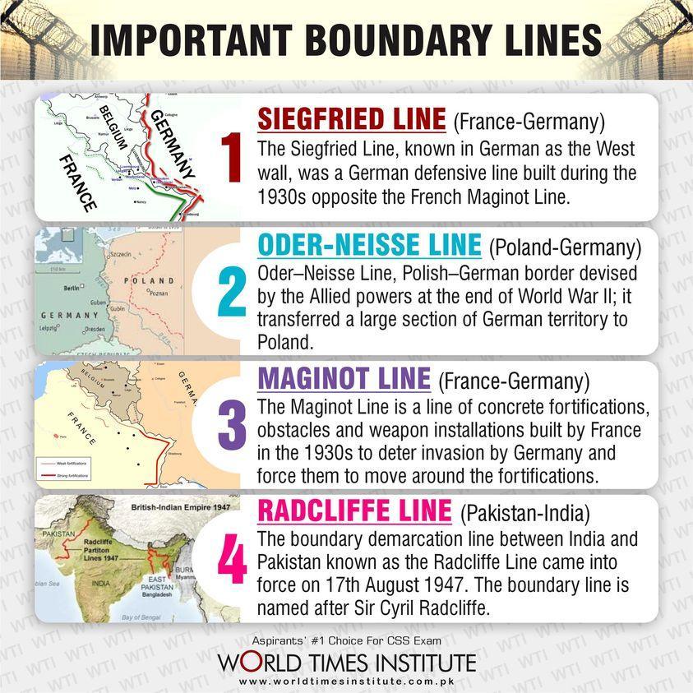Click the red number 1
pos(230,157)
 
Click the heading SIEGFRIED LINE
pos(351,120)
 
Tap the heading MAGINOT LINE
pos(344,379)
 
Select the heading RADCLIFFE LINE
pos(354,511)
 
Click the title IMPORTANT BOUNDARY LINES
pos(345,41)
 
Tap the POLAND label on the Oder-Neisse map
pos(149,280)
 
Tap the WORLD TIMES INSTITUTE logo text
pos(346,662)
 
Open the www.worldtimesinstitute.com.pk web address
pos(346,681)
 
